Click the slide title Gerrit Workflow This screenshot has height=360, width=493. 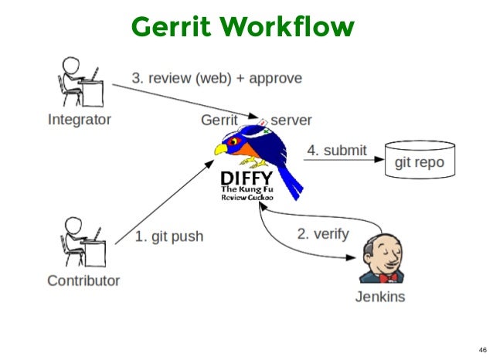coord(243,26)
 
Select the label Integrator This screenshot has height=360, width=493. coord(79,120)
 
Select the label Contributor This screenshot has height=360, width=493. coord(83,280)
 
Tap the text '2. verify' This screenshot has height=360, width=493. coord(323,233)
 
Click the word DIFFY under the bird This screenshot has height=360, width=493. coord(242,180)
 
